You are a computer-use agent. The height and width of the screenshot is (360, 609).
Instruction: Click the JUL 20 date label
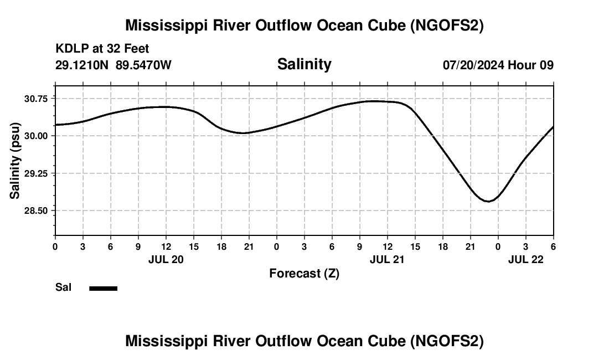pos(166,259)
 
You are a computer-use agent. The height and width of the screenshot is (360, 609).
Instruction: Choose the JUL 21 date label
pos(387,259)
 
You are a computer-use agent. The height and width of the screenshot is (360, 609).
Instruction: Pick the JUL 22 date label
pos(525,259)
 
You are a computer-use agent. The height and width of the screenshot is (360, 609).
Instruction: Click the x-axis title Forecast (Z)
pos(304,273)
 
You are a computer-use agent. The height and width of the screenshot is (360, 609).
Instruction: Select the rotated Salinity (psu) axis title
pos(16,161)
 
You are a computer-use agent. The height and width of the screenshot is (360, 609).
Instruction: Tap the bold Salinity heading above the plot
pos(304,64)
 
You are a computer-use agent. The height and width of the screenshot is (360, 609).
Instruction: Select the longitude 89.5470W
pos(143,65)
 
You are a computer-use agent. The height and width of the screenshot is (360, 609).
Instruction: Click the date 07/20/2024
pos(473,65)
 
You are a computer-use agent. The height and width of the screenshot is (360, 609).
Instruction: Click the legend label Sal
pos(63,287)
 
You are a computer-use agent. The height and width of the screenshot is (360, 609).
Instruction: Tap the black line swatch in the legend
pos(103,288)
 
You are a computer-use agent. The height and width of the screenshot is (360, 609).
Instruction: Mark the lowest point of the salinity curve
pos(488,201)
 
